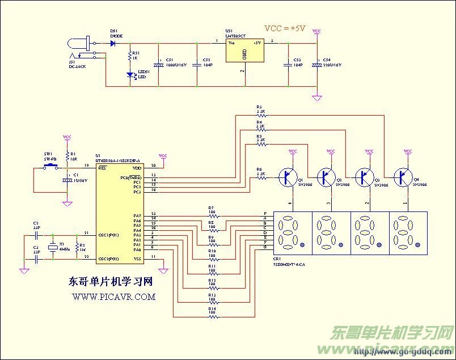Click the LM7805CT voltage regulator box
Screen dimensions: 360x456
pyautogui.click(x=244, y=50)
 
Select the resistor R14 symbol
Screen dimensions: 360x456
pyautogui.click(x=212, y=316)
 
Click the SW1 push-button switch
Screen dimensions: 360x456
pyautogui.click(x=50, y=166)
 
